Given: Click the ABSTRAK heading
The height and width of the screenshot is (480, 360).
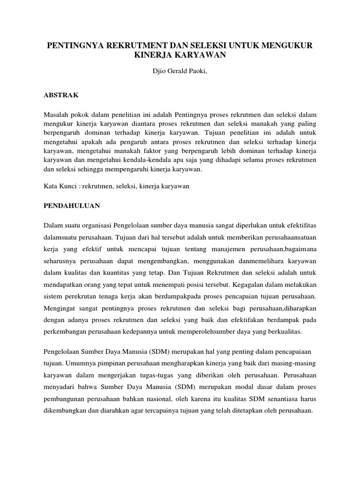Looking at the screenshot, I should (61, 95).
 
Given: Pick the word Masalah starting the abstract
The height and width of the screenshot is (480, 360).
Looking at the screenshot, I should (56, 115).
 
